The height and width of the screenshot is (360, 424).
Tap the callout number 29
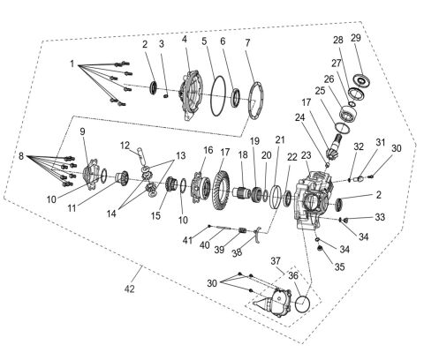coord(356,38)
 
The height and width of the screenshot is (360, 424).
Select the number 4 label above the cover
coord(185,39)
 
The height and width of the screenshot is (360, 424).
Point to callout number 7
coord(248,42)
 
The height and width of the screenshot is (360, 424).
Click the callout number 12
coord(125,146)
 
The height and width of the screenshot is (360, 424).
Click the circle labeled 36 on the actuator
coord(302,305)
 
